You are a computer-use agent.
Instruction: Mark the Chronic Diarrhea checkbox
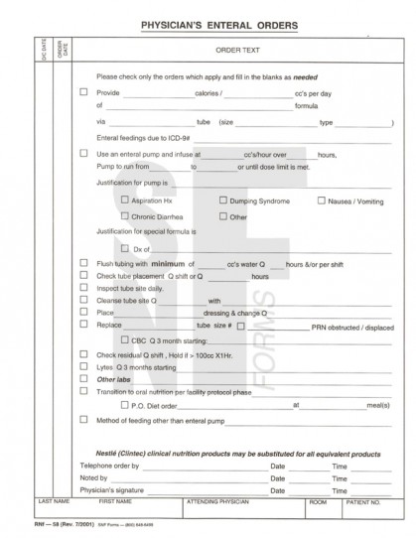124,216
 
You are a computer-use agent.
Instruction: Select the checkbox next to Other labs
83,379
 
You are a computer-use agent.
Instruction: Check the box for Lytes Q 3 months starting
83,366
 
